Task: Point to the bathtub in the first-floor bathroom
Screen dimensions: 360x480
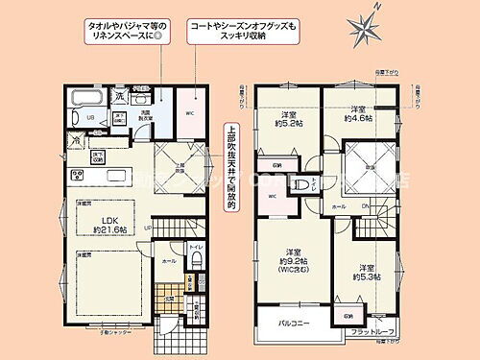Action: (x=88, y=98)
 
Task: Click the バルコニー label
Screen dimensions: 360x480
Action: (x=295, y=324)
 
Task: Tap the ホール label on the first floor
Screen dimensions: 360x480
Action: (x=168, y=260)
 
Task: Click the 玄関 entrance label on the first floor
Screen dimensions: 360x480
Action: (x=170, y=297)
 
